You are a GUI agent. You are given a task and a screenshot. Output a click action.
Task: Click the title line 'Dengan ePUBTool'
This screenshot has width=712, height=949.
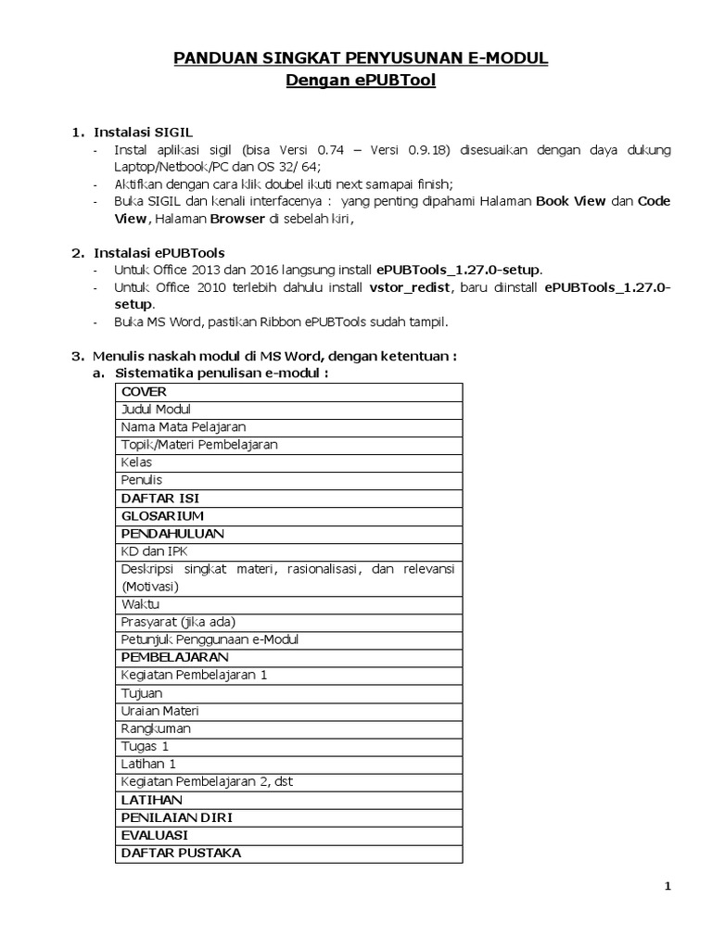[x=360, y=82]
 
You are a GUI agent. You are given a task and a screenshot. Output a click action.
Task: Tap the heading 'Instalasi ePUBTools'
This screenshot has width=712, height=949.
[x=159, y=252]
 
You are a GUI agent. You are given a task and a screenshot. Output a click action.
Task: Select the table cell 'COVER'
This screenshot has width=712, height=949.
[x=144, y=392]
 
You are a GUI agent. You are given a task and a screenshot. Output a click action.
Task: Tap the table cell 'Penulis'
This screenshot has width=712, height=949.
[x=141, y=480]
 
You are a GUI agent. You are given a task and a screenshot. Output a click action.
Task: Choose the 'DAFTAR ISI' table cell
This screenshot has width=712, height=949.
[x=160, y=498]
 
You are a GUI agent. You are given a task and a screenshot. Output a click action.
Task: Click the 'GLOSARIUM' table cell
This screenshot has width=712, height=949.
[x=162, y=515]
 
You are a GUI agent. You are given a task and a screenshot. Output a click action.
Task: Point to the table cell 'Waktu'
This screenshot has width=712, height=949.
[x=140, y=604]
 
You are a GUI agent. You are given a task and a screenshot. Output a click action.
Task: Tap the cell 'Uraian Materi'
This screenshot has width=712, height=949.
[x=159, y=711]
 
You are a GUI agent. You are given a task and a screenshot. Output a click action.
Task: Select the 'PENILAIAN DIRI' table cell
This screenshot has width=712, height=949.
[x=176, y=817]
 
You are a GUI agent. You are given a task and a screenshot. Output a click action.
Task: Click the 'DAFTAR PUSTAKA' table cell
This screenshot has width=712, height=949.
[x=181, y=853]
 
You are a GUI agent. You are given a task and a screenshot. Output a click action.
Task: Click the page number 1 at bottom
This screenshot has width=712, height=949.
[x=667, y=887]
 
